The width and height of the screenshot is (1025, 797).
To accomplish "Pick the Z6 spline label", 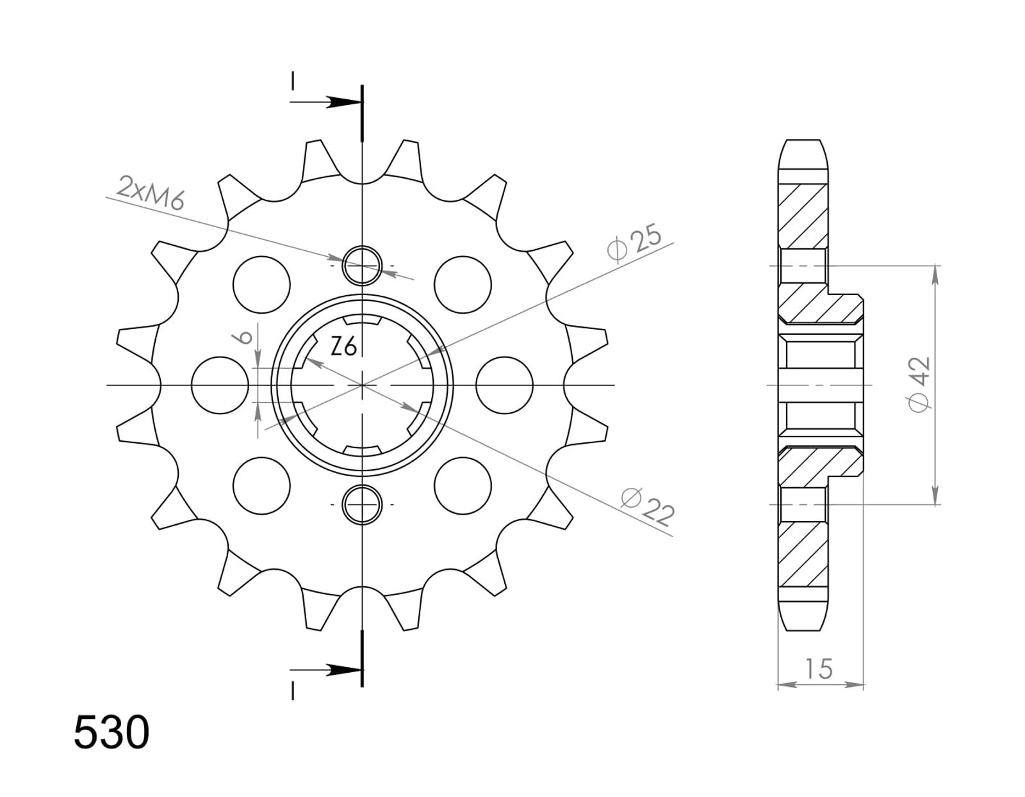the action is (343, 348).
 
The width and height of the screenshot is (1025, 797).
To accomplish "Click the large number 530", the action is (112, 732).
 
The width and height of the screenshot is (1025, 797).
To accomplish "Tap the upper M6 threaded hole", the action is (362, 266).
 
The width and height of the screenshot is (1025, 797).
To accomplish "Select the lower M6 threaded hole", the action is (362, 505).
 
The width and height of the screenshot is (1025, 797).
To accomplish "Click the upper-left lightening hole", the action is (262, 284).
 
